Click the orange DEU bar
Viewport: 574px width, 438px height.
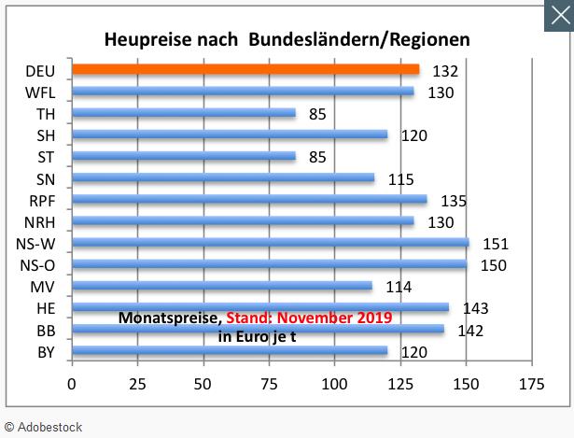(245, 69)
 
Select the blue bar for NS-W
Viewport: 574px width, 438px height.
(270, 243)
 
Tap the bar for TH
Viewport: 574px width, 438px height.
(183, 113)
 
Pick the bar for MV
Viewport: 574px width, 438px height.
(221, 286)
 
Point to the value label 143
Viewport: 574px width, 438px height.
(476, 308)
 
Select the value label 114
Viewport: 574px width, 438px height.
(399, 287)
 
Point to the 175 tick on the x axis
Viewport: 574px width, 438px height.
(532, 383)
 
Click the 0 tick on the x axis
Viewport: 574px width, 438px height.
(72, 383)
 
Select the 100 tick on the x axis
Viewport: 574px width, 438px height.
(334, 383)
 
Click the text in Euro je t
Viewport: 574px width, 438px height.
(257, 336)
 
